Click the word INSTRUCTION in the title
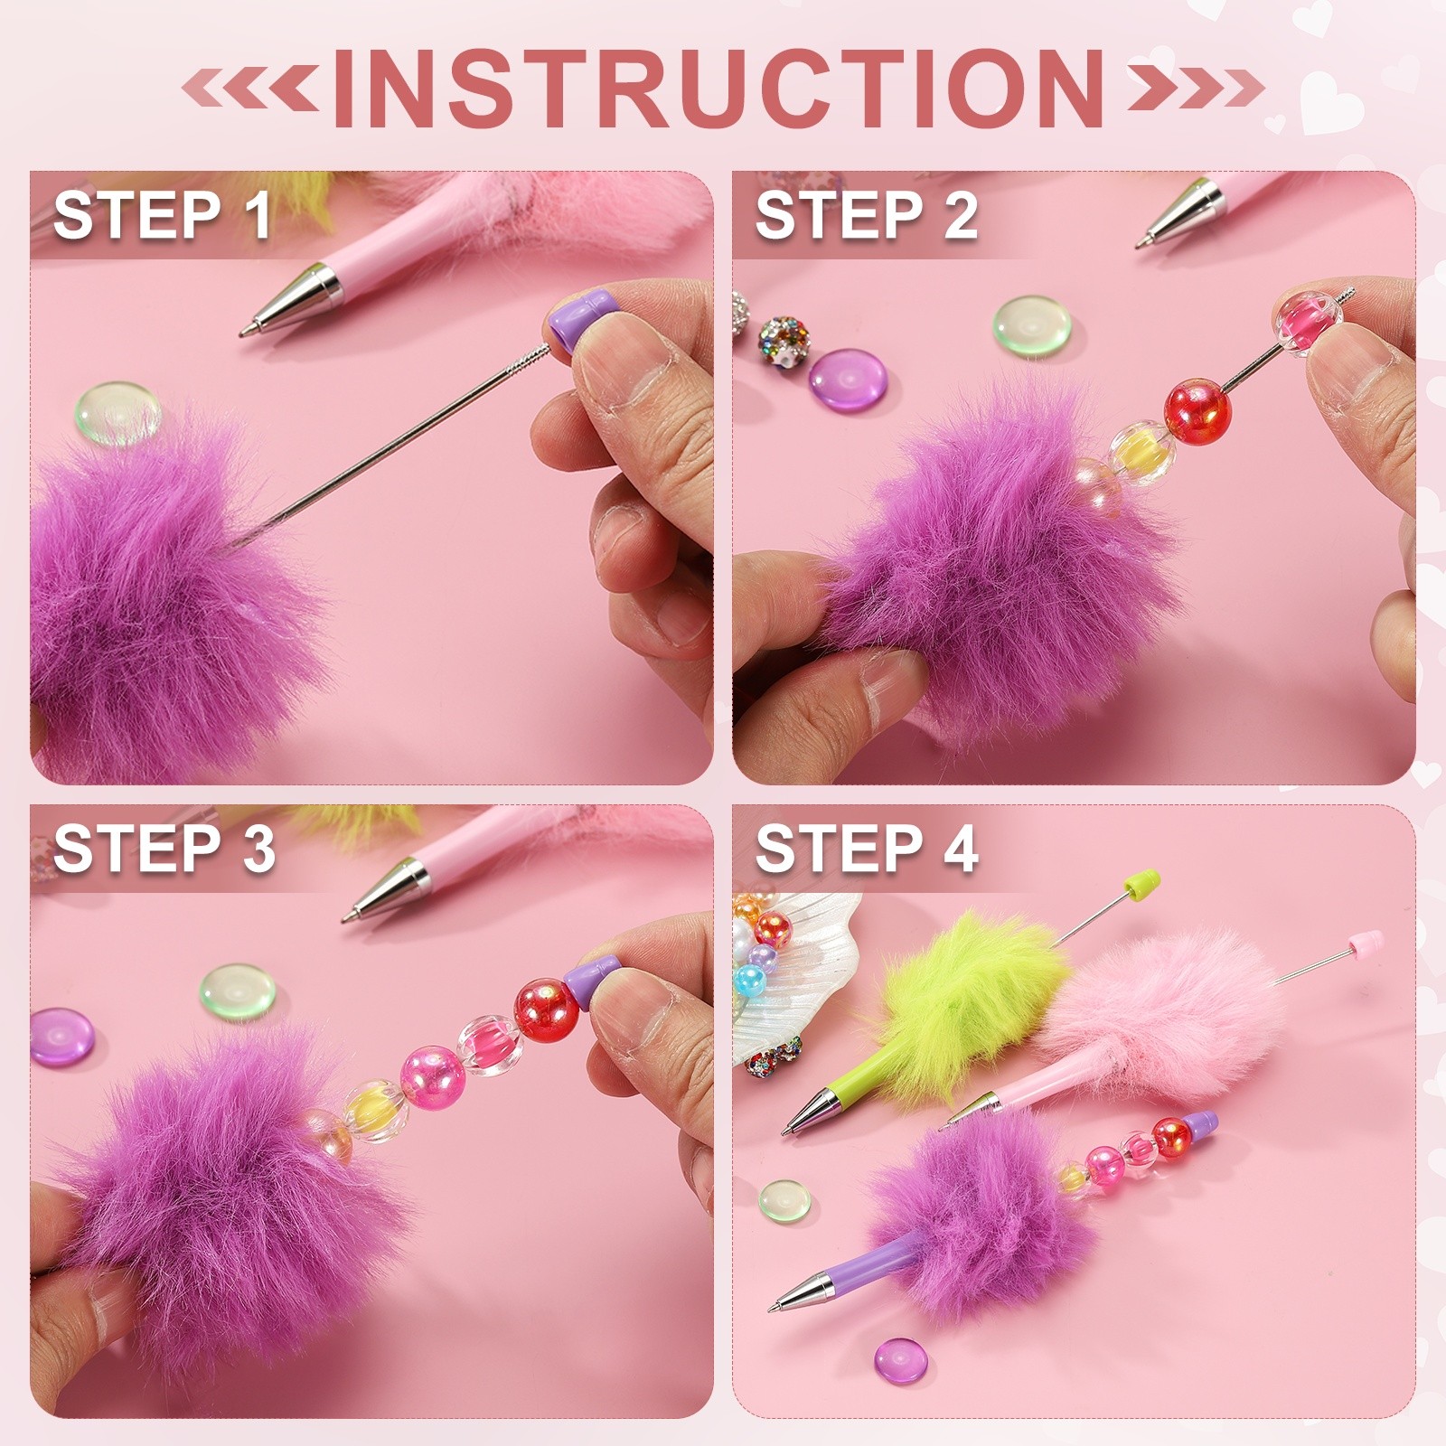718,88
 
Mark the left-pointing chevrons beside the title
251,88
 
